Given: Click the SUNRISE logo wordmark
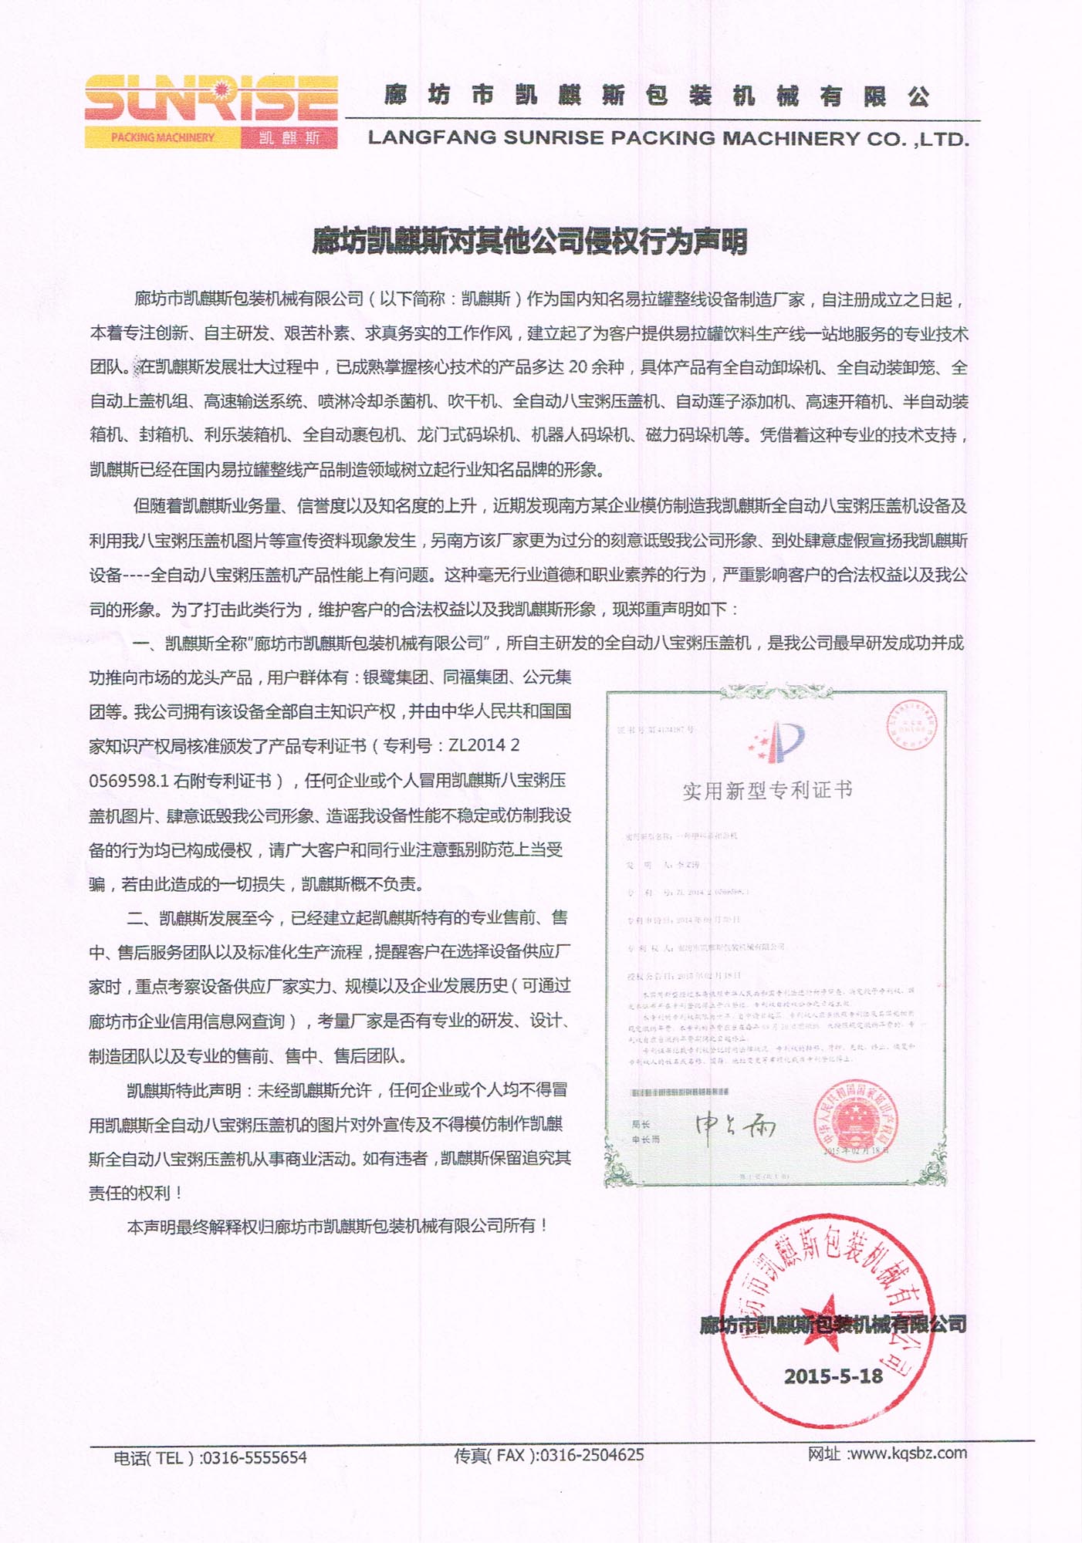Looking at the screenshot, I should click(x=211, y=98).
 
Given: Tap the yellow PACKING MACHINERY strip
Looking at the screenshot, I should click(x=163, y=138).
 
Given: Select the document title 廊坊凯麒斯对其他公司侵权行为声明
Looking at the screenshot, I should click(x=529, y=241).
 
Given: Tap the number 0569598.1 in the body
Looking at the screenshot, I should click(x=129, y=781).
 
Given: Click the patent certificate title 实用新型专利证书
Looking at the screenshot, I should click(x=767, y=790).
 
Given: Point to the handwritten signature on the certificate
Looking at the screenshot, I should click(x=735, y=1126).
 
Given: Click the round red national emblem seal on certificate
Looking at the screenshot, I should click(x=855, y=1120).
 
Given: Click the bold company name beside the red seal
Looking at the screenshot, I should click(x=833, y=1325).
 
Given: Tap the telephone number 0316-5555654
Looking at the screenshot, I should click(x=254, y=1457).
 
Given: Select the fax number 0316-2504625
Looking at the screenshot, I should click(x=592, y=1455).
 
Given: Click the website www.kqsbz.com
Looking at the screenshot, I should click(x=908, y=1454).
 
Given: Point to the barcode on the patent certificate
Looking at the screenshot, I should click(x=680, y=1092).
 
